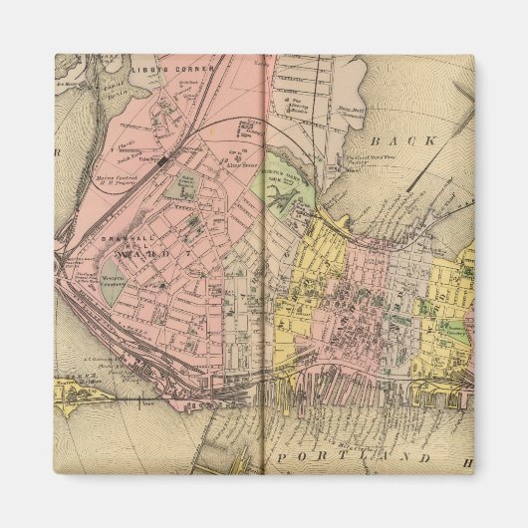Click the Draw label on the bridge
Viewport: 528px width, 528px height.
coord(149,403)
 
